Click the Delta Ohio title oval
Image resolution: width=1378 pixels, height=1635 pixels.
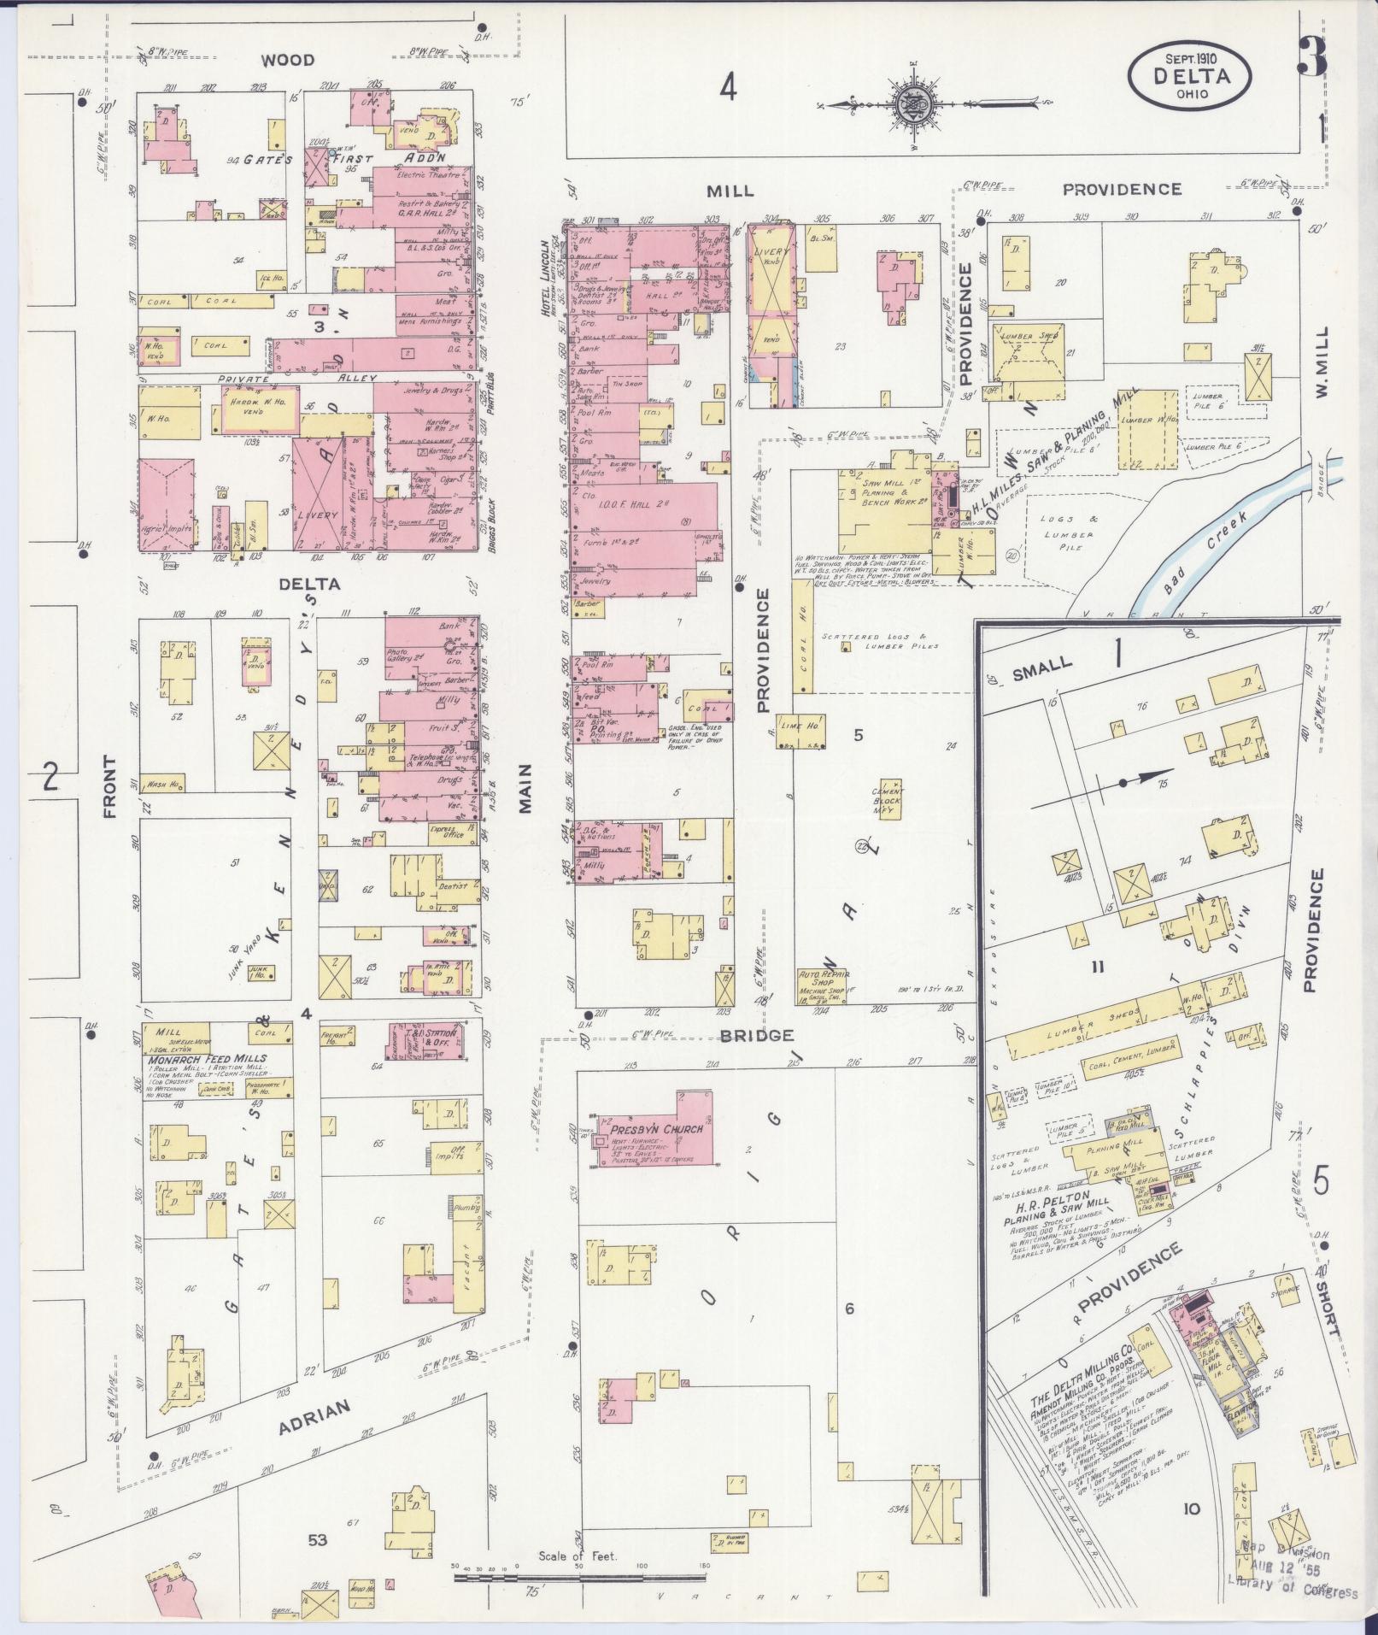[1190, 75]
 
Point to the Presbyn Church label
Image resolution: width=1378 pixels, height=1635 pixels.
[650, 1129]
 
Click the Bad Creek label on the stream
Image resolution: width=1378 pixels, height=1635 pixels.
[1205, 553]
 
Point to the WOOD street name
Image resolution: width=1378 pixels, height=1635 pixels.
[288, 60]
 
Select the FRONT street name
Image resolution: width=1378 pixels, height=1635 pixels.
[109, 787]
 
